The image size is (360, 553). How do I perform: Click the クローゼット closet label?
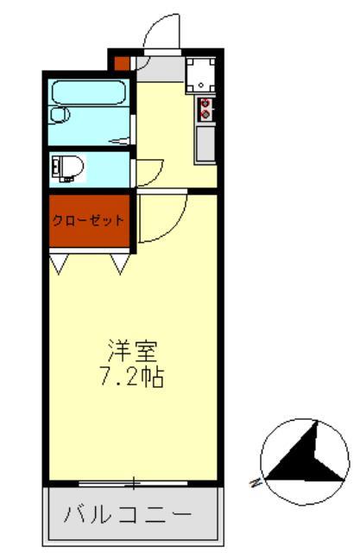click(88, 219)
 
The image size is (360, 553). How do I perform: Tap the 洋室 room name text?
click(132, 352)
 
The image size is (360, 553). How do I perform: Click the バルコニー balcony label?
click(127, 516)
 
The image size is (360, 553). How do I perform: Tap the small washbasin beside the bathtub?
click(60, 114)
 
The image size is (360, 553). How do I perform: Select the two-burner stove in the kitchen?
click(205, 108)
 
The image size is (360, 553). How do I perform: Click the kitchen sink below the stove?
click(205, 143)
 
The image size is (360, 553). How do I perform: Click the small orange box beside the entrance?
click(122, 63)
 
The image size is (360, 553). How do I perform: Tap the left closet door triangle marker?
click(59, 263)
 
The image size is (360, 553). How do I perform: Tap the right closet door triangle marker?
click(120, 263)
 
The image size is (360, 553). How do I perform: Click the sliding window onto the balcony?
click(133, 480)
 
